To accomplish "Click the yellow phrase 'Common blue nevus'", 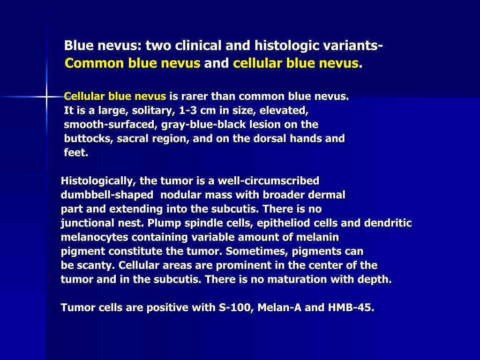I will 133,63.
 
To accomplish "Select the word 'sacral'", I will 123,139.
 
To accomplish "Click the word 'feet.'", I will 76,153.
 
